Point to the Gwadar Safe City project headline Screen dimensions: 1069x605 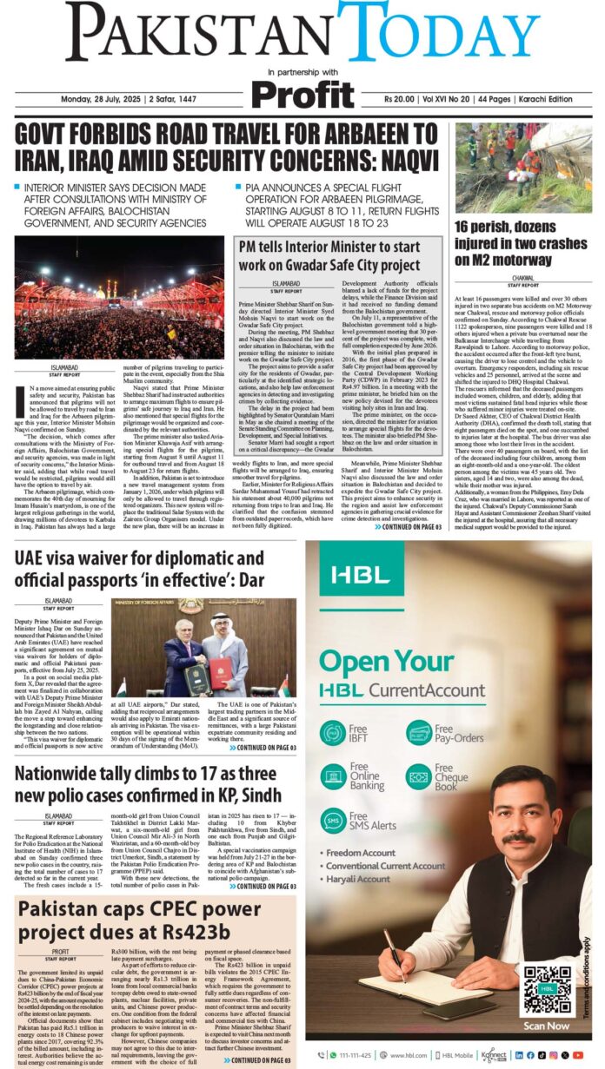341,255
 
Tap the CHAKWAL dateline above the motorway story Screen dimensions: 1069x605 522,275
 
